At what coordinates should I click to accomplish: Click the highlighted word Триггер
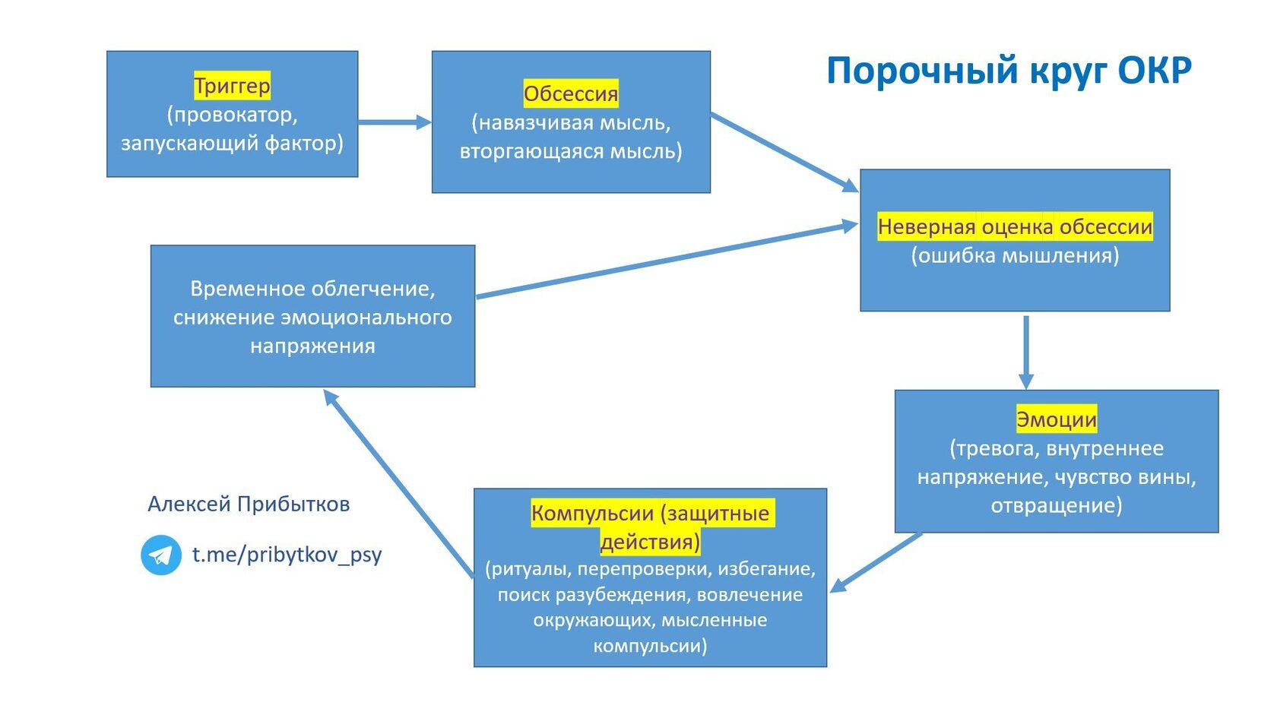(232, 85)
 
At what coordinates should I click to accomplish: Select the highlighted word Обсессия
(571, 93)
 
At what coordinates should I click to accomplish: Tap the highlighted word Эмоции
(1057, 419)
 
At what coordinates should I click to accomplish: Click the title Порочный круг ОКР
(1009, 71)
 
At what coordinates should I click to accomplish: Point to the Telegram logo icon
(161, 555)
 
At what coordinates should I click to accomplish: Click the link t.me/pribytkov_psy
(287, 555)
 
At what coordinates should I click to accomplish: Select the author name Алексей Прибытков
(249, 504)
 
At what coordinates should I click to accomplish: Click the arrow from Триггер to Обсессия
(395, 122)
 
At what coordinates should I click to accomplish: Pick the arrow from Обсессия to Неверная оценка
(784, 152)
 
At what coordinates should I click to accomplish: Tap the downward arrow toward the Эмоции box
(1026, 353)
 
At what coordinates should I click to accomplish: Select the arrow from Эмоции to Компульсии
(876, 563)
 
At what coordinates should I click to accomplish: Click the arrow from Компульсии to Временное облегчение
(398, 484)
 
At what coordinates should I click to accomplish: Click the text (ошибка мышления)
(1015, 255)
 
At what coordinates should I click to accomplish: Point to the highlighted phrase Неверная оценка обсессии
(1015, 226)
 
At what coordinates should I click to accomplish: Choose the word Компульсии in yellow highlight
(592, 513)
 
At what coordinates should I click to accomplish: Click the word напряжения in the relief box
(312, 346)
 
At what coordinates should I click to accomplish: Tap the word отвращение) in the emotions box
(1057, 505)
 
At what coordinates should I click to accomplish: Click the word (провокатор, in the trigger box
(232, 115)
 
